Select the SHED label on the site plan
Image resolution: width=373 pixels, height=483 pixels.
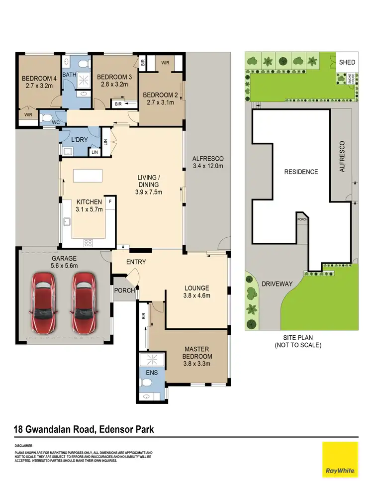coord(347,62)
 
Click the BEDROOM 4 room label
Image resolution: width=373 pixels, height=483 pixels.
coord(39,81)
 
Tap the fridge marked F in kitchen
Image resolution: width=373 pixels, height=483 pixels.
coord(110,202)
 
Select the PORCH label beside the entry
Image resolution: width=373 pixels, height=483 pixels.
coord(124,290)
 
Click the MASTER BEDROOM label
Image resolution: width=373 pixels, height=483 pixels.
coord(198,353)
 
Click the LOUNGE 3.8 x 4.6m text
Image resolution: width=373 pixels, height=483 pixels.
coord(197,291)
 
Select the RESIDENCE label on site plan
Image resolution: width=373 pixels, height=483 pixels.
coord(300,172)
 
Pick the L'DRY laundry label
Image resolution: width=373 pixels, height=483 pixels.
coord(79,140)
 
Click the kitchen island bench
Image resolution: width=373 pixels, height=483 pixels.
coord(88,176)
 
